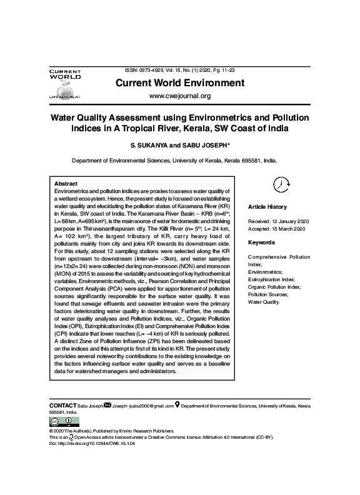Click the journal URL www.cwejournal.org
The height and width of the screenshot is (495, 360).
click(x=179, y=96)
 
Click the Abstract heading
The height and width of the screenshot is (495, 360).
click(x=66, y=183)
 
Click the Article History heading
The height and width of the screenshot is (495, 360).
click(x=267, y=207)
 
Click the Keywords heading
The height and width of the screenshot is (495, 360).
click(x=261, y=242)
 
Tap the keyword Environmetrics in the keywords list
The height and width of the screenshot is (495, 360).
click(x=266, y=272)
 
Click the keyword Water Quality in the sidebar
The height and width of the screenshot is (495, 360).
click(x=264, y=302)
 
